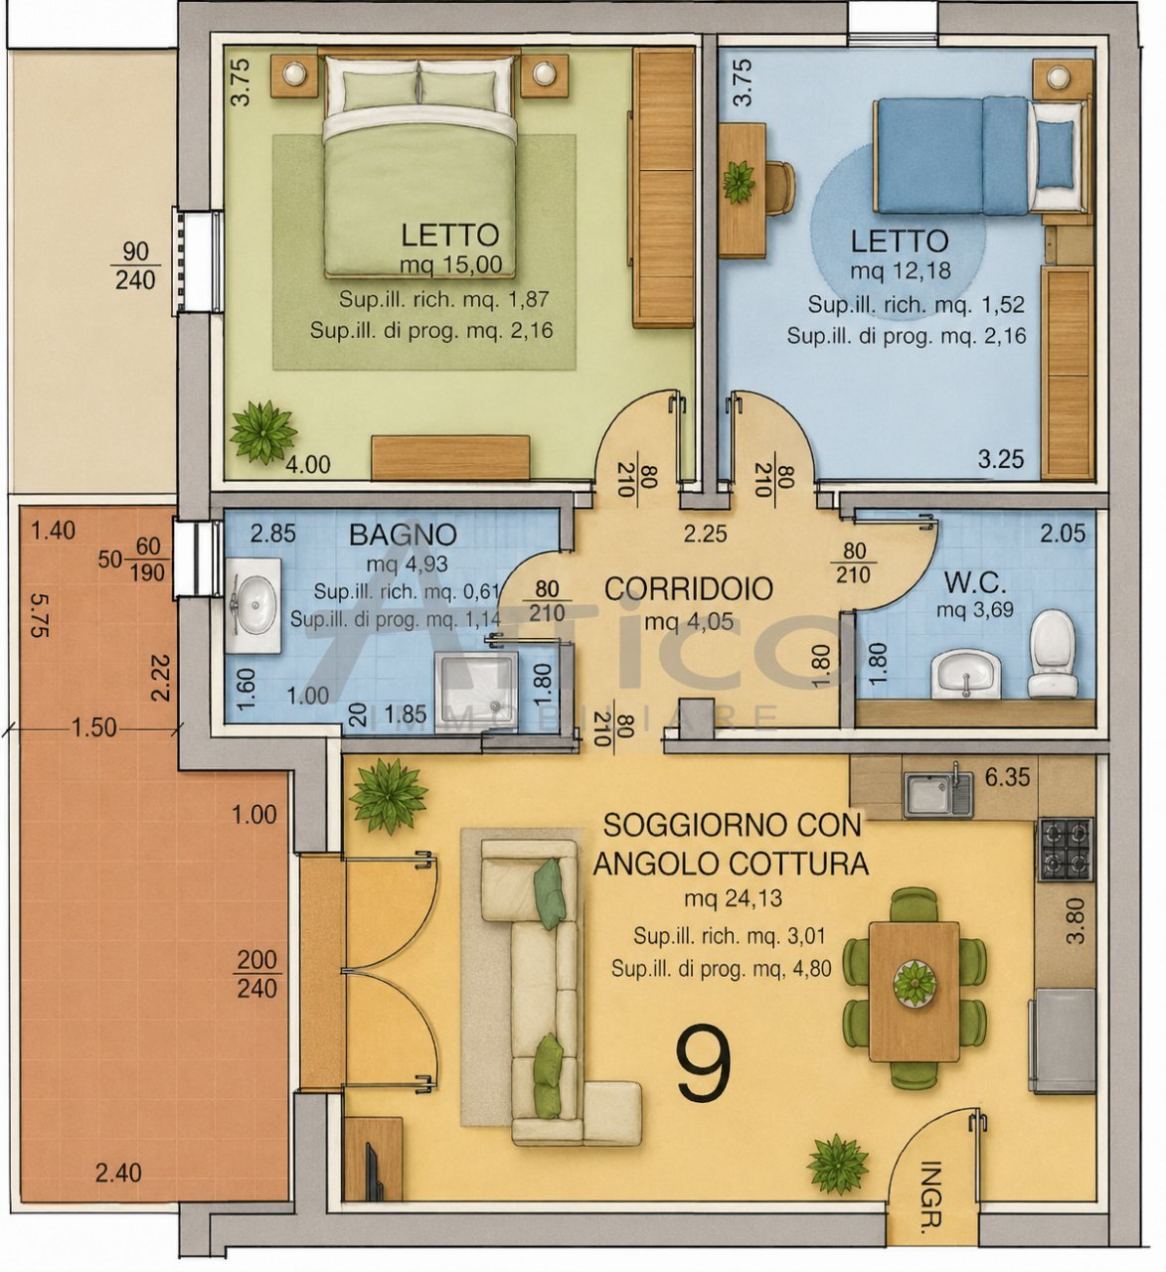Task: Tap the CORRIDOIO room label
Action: pos(688,589)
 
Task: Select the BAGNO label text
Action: pos(403,535)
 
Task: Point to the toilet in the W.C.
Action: pos(1052,653)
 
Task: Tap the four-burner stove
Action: pos(1066,849)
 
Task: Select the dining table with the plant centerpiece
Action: pos(914,991)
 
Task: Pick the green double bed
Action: pos(419,165)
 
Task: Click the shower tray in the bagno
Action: pos(478,690)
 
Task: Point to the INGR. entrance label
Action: pos(930,1196)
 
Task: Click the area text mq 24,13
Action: pos(733,899)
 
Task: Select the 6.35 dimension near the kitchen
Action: pos(1007,777)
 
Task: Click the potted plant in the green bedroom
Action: pos(263,432)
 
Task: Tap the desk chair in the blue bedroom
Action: pos(779,187)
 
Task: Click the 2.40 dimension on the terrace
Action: pos(118,1174)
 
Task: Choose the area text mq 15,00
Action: pos(450,265)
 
